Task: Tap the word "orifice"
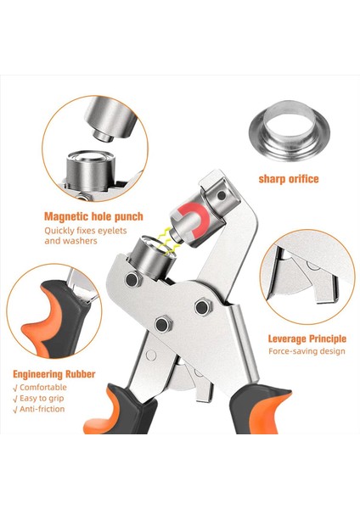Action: point(304,179)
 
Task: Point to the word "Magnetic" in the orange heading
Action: point(70,216)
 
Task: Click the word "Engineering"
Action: point(45,374)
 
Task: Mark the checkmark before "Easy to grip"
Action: point(17,399)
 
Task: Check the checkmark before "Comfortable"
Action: point(17,387)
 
